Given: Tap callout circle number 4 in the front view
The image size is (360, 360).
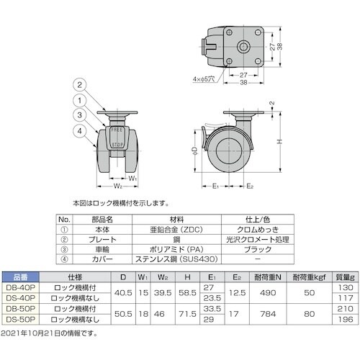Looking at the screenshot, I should (80, 130).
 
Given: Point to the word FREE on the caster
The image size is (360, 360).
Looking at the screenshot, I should (116, 130).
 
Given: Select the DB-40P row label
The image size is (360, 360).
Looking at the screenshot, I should (19, 286).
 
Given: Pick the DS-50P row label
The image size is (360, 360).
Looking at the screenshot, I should (19, 320).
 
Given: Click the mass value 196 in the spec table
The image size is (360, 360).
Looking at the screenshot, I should (346, 320).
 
